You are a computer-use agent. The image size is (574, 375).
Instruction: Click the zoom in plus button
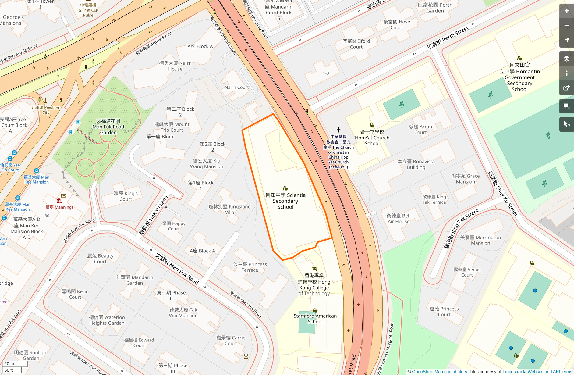tap(566, 11)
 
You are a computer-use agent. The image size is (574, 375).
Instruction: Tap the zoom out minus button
tap(566, 26)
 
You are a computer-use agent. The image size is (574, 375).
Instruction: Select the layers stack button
tap(566, 59)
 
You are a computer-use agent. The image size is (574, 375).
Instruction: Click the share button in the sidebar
tap(566, 88)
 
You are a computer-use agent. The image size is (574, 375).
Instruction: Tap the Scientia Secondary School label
tap(285, 201)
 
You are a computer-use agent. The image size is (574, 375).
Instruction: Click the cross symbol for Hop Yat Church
tap(338, 130)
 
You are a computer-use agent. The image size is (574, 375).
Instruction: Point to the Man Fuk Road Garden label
tap(108, 127)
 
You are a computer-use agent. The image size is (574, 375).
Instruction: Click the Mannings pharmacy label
tap(60, 207)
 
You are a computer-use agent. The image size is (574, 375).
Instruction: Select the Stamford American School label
tap(315, 319)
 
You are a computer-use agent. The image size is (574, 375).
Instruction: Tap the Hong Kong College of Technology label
tap(314, 284)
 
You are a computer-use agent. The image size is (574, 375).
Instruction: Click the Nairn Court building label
tap(236, 87)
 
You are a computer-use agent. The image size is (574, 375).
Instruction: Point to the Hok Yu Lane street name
tap(154, 215)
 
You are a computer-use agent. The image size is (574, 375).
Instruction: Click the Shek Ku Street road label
tap(503, 194)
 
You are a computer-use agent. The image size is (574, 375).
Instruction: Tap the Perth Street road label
tap(448, 38)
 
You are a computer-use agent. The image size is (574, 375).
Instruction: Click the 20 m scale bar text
tap(9, 363)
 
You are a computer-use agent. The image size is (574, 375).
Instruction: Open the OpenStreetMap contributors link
tap(439, 372)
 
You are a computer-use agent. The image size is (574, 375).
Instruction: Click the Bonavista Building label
tap(416, 164)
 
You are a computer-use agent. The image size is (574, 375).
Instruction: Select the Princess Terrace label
tap(250, 267)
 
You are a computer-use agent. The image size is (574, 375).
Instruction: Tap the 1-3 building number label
tap(326, 73)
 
